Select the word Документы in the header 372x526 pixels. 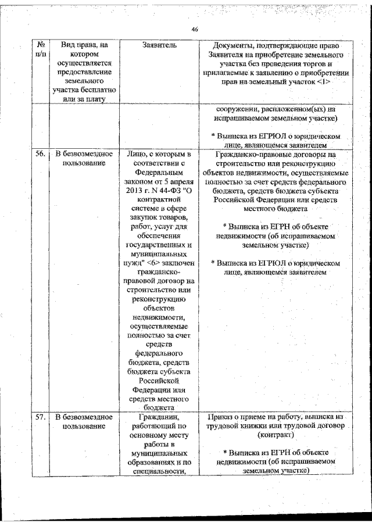coord(232,45)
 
